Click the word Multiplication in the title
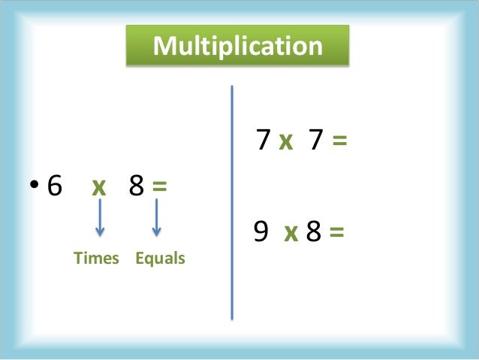tap(237, 46)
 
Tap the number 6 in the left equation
tap(54, 186)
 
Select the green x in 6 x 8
tap(99, 187)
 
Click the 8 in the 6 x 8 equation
tap(137, 186)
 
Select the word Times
tap(96, 259)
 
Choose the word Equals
tap(160, 259)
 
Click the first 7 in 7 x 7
tap(263, 141)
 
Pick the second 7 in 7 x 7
tap(315, 141)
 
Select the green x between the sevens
tap(285, 141)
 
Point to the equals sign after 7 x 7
tap(339, 141)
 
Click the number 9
tap(261, 233)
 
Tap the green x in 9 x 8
tap(291, 234)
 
